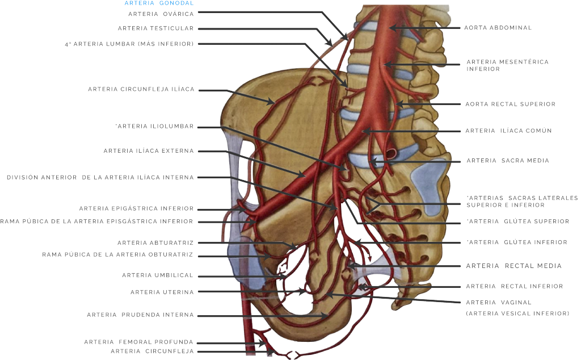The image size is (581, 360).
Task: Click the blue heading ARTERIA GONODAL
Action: (159, 3)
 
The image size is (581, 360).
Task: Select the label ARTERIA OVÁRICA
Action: (161, 14)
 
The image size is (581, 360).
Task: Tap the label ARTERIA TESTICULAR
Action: (155, 28)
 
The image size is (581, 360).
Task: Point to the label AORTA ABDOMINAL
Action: (498, 28)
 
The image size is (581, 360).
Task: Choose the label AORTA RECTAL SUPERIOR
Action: (511, 104)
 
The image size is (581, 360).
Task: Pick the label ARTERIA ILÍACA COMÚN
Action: (509, 131)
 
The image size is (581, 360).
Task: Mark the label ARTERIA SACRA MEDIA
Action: (508, 161)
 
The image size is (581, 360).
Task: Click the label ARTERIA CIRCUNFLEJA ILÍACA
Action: (141, 89)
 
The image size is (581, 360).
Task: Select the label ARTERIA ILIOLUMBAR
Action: (155, 127)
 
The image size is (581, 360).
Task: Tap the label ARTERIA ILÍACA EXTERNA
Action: (149, 151)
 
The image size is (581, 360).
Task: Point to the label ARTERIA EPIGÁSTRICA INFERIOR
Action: (136, 208)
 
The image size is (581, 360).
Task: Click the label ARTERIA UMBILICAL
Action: (158, 275)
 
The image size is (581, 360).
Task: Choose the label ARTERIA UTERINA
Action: (162, 292)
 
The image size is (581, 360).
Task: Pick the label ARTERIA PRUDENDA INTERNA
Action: (141, 315)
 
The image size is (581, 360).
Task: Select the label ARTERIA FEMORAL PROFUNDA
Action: (138, 342)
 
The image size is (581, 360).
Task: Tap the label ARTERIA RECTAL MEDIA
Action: (513, 266)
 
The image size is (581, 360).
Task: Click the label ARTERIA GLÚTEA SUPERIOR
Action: (518, 221)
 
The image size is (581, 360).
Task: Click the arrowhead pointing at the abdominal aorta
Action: (393, 28)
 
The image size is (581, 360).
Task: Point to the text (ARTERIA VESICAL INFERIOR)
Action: (517, 313)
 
